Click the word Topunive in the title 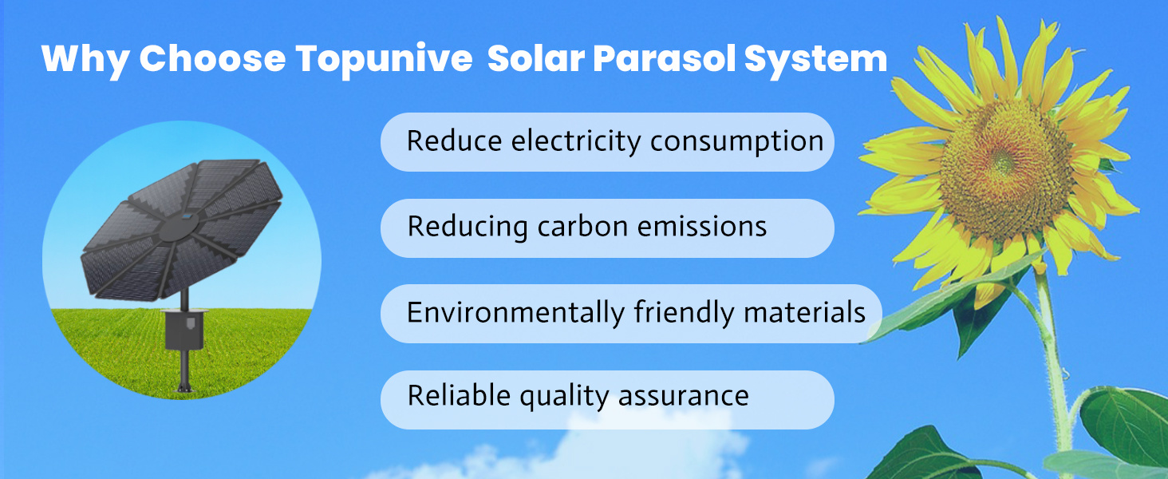click(x=384, y=60)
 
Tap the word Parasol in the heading click(x=664, y=58)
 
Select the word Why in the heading click(x=85, y=60)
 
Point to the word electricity click(x=576, y=141)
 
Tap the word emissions click(x=702, y=227)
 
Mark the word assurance click(x=683, y=396)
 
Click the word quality click(x=564, y=397)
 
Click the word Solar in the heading click(x=536, y=58)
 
